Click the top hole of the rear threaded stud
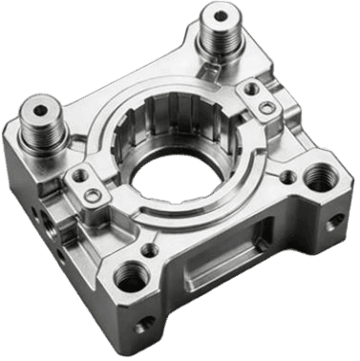222,15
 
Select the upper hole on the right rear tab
250,89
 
